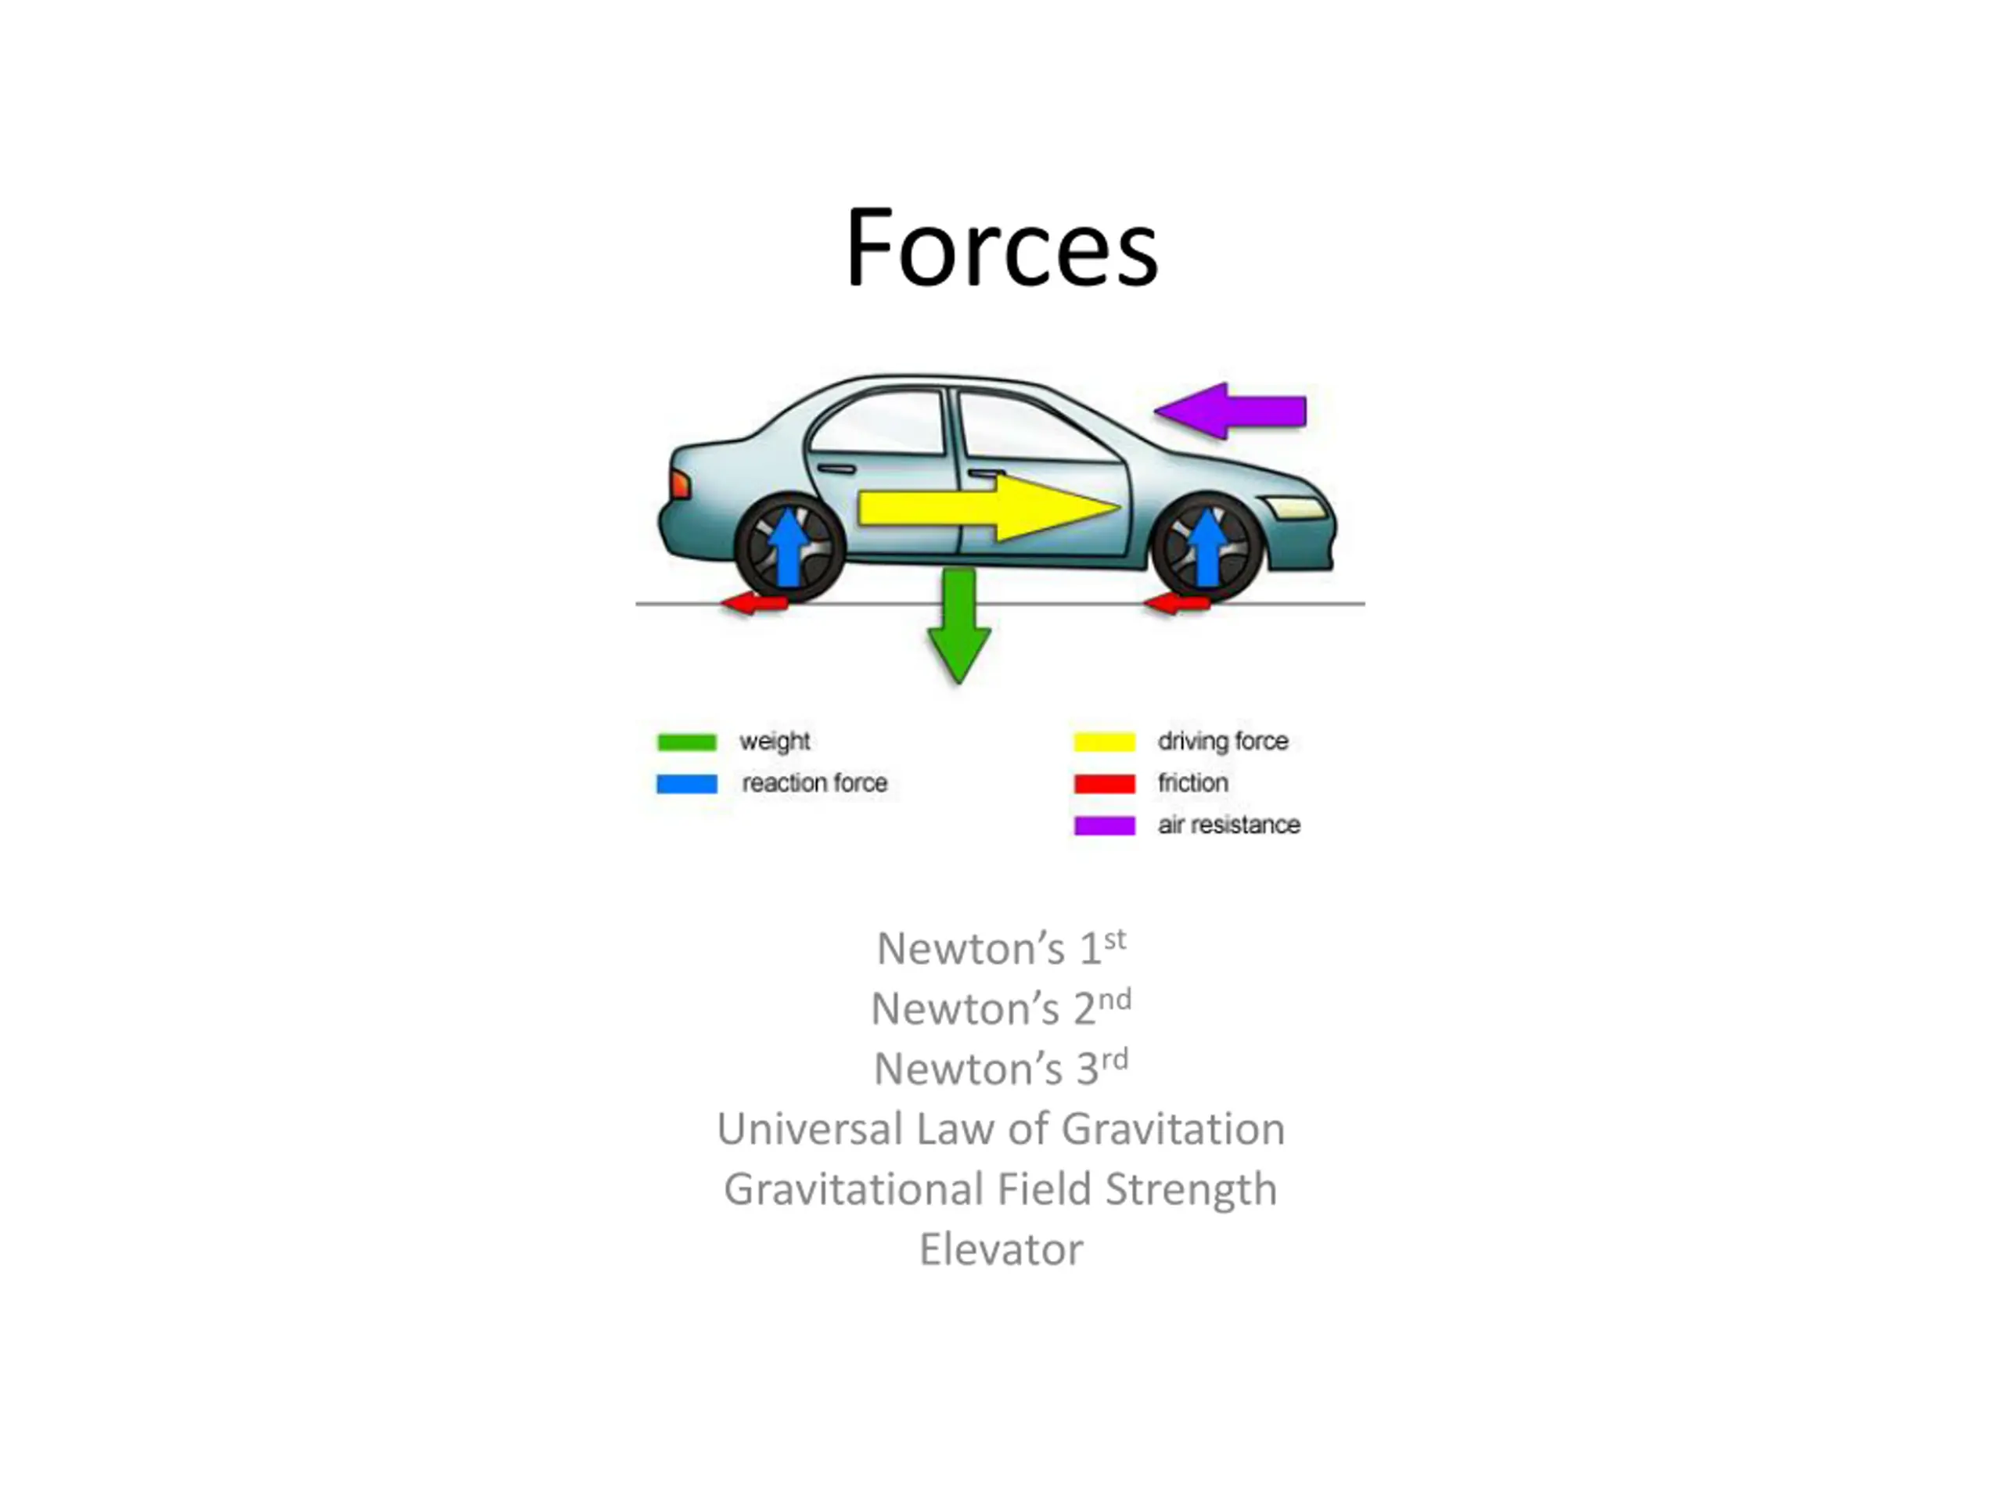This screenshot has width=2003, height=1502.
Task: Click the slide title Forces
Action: (x=1001, y=247)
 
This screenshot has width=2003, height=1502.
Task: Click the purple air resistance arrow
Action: (x=1230, y=411)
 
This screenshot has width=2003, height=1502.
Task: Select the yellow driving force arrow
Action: (x=989, y=508)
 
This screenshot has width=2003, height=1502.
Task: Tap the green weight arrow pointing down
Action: (x=959, y=626)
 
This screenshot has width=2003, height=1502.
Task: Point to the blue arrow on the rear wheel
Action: (x=789, y=547)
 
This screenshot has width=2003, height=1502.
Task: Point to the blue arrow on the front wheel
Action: (x=1207, y=547)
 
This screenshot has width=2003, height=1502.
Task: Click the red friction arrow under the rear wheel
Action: (x=754, y=604)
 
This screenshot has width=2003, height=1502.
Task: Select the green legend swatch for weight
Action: (x=686, y=742)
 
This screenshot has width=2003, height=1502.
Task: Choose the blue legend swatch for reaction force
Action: (x=686, y=784)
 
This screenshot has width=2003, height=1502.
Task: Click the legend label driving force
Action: (x=1222, y=742)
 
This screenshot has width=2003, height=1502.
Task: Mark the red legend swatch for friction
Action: (x=1105, y=784)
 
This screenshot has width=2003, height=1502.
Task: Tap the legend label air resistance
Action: (x=1228, y=825)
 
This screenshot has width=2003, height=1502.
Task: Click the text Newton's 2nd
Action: (x=1001, y=1008)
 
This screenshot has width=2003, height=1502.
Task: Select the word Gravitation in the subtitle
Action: (x=1173, y=1129)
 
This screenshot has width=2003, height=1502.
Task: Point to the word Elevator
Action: (x=1001, y=1249)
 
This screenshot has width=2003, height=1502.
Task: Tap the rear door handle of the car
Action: (x=836, y=469)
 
